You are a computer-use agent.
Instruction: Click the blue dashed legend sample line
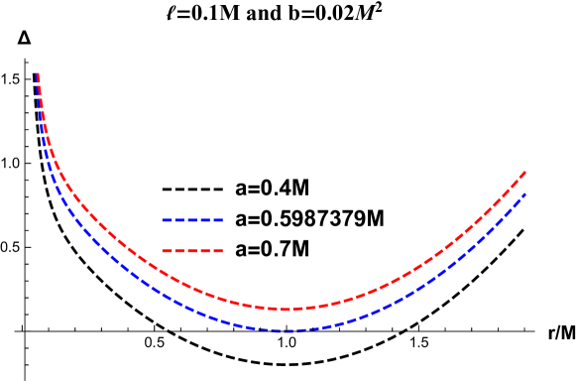pyautogui.click(x=192, y=220)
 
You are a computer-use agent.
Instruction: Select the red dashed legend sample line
pyautogui.click(x=192, y=251)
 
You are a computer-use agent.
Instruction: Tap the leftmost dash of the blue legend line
pyautogui.click(x=167, y=220)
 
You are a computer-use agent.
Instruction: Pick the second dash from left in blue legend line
pyautogui.click(x=179, y=220)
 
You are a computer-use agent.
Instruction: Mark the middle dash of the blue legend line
pyautogui.click(x=192, y=220)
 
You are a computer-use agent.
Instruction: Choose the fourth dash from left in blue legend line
pyautogui.click(x=205, y=220)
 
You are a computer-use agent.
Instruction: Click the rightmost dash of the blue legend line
pyautogui.click(x=218, y=220)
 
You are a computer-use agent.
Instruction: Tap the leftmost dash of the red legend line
pyautogui.click(x=167, y=251)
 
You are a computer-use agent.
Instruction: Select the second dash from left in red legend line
pyautogui.click(x=179, y=251)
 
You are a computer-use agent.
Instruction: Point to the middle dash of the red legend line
pyautogui.click(x=192, y=251)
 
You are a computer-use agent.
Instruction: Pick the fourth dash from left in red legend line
pyautogui.click(x=205, y=251)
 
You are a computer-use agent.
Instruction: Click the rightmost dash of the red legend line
pyautogui.click(x=218, y=251)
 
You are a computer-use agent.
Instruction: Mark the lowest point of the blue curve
pyautogui.click(x=286, y=330)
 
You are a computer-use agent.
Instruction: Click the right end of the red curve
pyautogui.click(x=524, y=173)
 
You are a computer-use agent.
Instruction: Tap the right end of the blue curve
pyautogui.click(x=524, y=194)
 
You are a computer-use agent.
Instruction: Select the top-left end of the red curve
pyautogui.click(x=38, y=74)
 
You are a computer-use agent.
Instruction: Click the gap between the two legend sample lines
pyautogui.click(x=192, y=236)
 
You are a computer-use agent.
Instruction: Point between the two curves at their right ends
pyautogui.click(x=524, y=184)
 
